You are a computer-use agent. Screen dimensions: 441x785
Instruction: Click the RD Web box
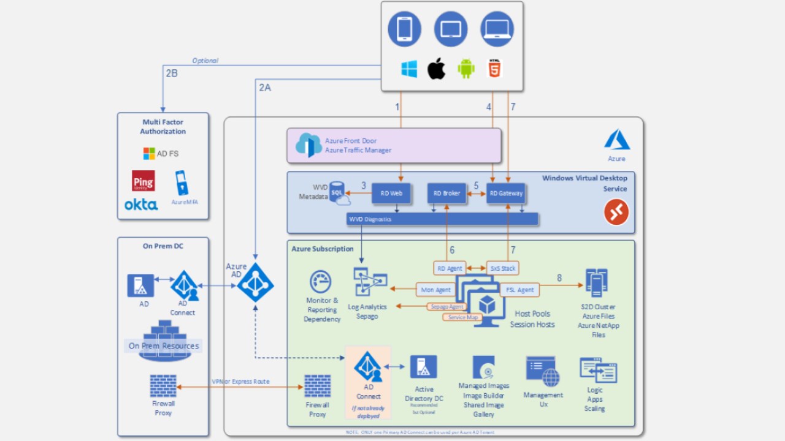(391, 193)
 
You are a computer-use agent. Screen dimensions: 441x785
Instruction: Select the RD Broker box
(446, 193)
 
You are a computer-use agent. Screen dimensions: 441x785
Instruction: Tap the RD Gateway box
(506, 193)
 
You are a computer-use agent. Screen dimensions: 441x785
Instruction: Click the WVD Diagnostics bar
(442, 219)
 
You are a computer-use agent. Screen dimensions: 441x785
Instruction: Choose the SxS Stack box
(502, 268)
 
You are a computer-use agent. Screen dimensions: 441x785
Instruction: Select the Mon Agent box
(436, 289)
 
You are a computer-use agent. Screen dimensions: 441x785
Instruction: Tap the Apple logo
(436, 69)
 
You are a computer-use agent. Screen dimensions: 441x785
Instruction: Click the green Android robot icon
(466, 69)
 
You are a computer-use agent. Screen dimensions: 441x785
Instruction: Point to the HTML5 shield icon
(494, 68)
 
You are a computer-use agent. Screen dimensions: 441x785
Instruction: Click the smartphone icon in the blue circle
(404, 29)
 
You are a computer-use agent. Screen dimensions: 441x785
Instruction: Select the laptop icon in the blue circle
(497, 29)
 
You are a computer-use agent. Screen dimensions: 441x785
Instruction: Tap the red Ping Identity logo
(144, 181)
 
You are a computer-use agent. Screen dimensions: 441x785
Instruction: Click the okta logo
(141, 205)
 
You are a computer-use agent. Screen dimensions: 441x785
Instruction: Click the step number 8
(559, 277)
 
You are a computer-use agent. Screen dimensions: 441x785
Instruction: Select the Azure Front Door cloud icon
(308, 145)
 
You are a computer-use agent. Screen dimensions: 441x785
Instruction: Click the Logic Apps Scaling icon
(597, 371)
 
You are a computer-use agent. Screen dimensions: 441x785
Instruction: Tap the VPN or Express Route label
(240, 382)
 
